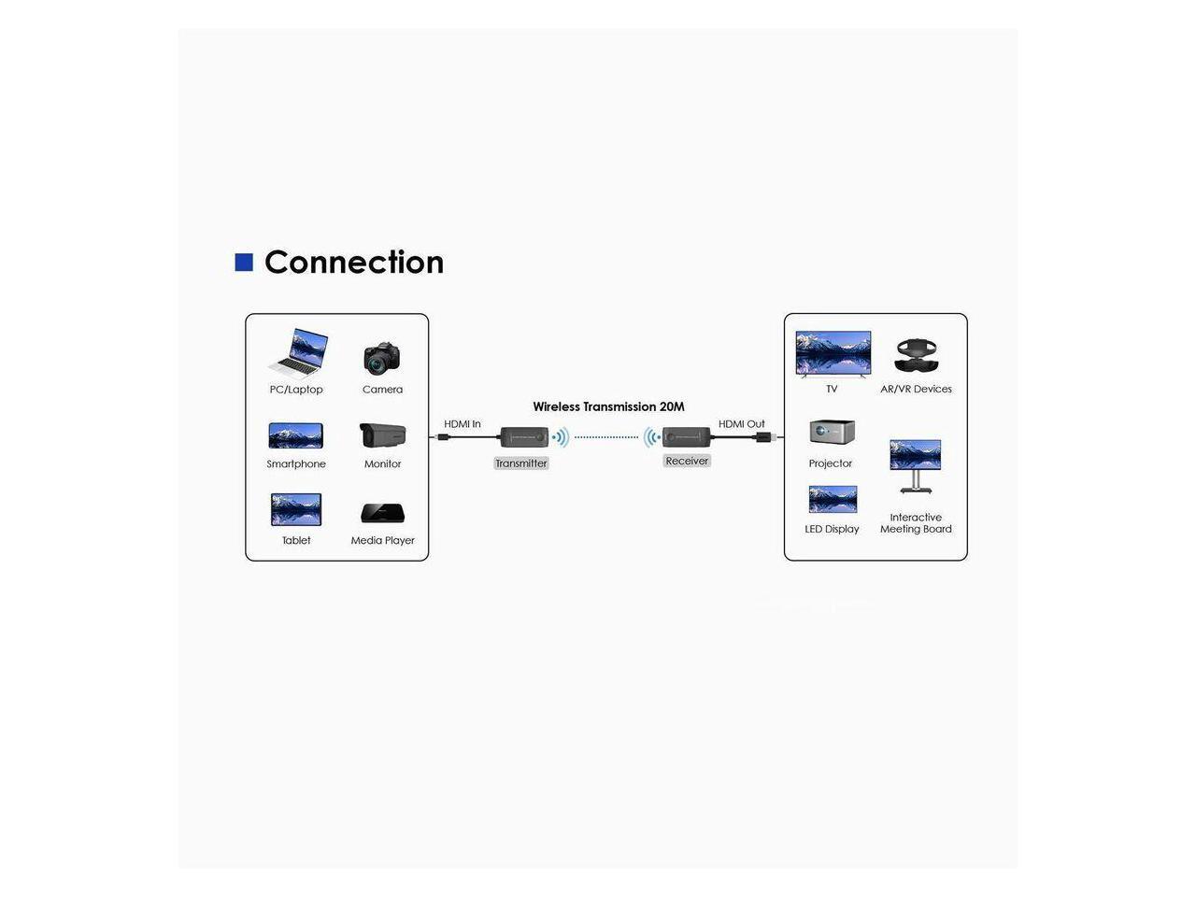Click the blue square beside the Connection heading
point(244,263)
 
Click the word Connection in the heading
point(354,263)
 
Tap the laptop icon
point(298,352)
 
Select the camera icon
point(382,357)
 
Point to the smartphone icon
point(296,435)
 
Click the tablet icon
point(296,510)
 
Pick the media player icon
point(382,513)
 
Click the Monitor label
point(382,464)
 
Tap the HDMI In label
point(463,424)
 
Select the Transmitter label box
point(521,463)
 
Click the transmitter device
point(523,436)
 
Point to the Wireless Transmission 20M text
point(608,406)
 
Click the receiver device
point(687,436)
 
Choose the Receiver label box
point(687,461)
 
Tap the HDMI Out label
point(741,424)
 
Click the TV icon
point(833,353)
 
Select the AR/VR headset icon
point(916,356)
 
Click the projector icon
point(832,433)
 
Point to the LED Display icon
point(833,499)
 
